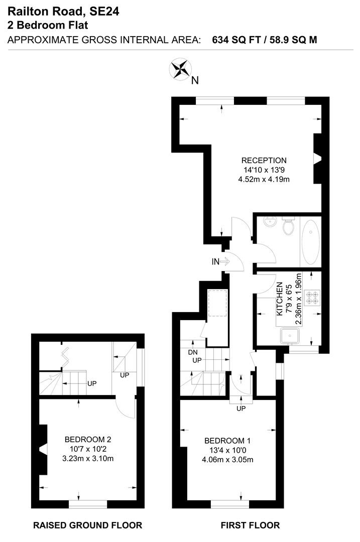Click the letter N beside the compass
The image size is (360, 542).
(195, 80)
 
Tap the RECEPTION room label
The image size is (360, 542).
(264, 161)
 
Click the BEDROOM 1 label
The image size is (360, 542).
(227, 441)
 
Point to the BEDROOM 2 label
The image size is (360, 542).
(87, 440)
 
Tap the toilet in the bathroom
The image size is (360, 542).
(288, 226)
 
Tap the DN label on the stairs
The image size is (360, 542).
(192, 352)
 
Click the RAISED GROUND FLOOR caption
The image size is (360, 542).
(87, 525)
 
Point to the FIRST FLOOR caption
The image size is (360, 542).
(250, 525)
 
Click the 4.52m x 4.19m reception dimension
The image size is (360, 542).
(264, 179)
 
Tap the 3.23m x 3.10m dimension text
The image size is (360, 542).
(87, 458)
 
